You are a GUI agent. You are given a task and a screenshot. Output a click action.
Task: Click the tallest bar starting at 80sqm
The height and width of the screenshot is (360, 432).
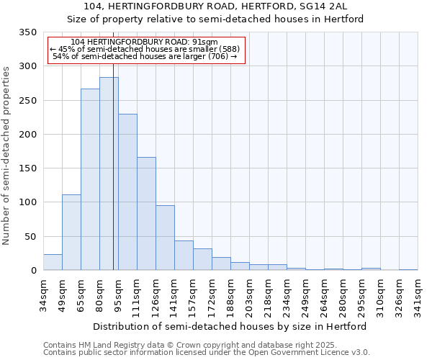pos(109,174)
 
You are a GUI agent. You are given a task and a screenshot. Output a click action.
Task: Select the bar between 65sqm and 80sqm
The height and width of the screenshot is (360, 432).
pos(90,179)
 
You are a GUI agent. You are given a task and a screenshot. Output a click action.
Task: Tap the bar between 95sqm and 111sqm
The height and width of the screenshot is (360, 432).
pos(127,192)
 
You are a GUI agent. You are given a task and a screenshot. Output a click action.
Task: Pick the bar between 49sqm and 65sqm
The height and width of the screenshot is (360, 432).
pos(71,233)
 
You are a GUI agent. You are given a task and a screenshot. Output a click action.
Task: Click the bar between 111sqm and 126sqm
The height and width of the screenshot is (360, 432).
pos(146,214)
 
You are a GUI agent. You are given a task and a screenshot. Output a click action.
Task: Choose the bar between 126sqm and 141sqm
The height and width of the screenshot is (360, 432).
pos(165,238)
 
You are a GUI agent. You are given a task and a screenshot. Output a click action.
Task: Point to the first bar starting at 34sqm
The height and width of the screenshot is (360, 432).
pos(53,262)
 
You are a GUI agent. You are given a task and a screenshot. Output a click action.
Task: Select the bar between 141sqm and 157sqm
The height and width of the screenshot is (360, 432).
pos(184,256)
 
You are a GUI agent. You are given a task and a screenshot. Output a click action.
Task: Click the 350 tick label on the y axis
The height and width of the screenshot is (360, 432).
pos(27,32)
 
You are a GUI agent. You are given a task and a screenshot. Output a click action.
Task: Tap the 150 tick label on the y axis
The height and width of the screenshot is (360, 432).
pos(27,168)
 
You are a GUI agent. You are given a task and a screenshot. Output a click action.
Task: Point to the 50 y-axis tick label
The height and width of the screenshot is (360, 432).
pos(30,236)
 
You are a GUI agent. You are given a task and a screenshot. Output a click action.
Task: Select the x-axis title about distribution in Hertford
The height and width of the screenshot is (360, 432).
pos(230,326)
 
